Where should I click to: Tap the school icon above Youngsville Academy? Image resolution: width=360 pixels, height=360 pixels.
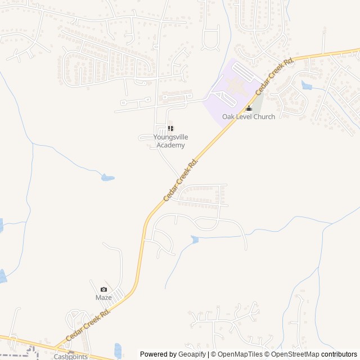click(170, 129)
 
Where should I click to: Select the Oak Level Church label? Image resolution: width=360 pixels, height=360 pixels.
click(249, 117)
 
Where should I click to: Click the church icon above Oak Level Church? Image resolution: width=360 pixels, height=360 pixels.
click(249, 109)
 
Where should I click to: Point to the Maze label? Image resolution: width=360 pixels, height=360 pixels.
click(103, 298)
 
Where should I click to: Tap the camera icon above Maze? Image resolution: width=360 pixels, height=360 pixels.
click(103, 289)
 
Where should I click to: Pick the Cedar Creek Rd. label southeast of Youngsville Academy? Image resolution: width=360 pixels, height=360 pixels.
click(181, 180)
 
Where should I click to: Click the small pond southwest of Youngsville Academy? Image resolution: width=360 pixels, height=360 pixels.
click(107, 178)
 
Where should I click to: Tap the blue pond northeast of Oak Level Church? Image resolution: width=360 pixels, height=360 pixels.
click(307, 85)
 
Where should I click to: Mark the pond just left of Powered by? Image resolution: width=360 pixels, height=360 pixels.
click(118, 349)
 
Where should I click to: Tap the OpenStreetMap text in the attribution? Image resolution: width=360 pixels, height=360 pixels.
click(295, 354)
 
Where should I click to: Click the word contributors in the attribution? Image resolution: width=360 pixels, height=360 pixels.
click(339, 354)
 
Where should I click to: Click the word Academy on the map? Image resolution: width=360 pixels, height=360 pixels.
click(170, 145)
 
